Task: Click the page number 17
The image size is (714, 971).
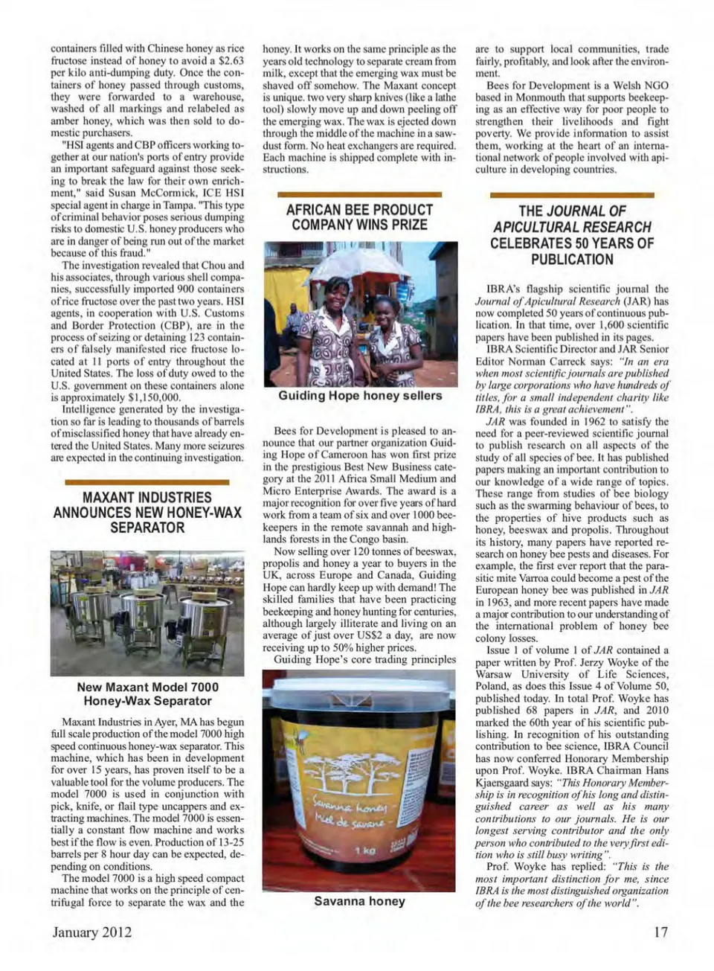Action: point(660,932)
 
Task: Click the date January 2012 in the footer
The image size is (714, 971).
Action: point(92,932)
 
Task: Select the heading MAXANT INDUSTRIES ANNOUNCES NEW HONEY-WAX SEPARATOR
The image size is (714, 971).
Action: point(147,512)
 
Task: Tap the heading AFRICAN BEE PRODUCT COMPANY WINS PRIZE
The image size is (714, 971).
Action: point(359,217)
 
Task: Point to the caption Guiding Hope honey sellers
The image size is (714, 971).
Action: point(360,395)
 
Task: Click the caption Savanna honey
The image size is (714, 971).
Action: point(359,901)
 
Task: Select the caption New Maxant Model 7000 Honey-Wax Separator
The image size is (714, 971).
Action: point(147,693)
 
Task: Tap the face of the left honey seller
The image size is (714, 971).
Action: point(336,288)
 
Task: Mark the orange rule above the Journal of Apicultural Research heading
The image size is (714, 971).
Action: point(571,195)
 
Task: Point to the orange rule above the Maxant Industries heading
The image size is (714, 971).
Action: point(147,482)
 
